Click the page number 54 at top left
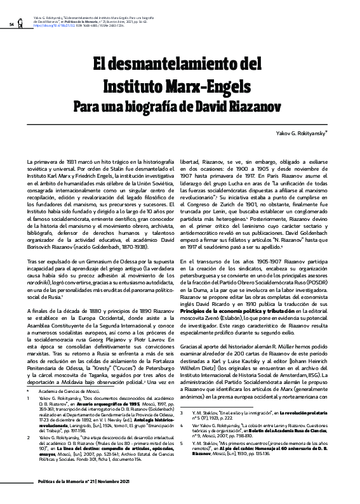point(11,24)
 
